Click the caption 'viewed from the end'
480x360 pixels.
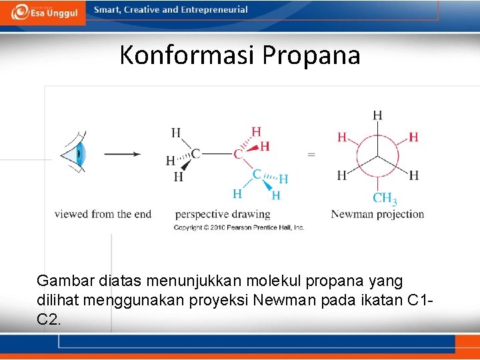tap(103, 214)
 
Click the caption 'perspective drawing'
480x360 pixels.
tap(223, 214)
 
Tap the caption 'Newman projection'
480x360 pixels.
tap(377, 214)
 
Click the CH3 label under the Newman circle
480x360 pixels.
tap(385, 198)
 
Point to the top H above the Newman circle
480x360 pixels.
tap(377, 115)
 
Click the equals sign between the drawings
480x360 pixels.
tap(311, 154)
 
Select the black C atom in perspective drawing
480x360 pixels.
tap(195, 154)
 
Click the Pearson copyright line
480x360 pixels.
tap(239, 227)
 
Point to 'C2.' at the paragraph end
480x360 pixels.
tap(49, 319)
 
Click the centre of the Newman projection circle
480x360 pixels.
tap(377, 157)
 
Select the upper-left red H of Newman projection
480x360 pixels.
tap(342, 137)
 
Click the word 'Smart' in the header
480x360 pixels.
tap(107, 10)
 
